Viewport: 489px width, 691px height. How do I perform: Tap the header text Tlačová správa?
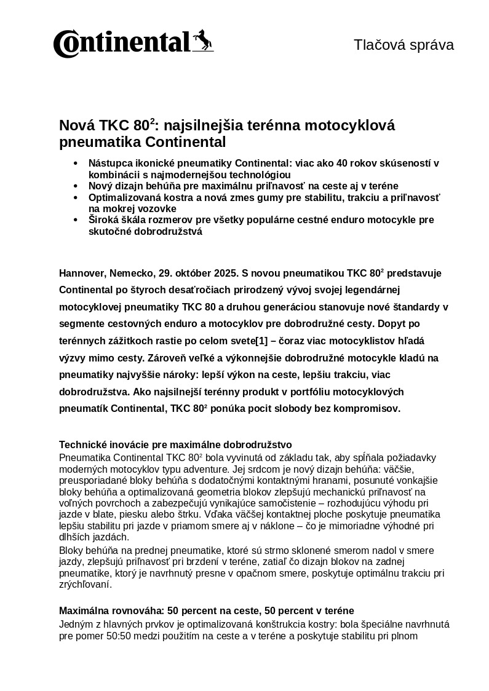[404, 45]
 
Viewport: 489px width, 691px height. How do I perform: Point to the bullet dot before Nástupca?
[76, 164]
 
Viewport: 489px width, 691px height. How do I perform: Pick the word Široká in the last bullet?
[104, 220]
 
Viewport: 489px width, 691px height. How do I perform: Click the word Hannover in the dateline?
[83, 273]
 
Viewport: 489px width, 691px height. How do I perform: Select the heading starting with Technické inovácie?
[175, 444]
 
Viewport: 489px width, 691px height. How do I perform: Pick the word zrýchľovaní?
[85, 585]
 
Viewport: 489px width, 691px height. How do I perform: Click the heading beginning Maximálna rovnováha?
[206, 611]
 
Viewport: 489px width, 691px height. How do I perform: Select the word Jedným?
[76, 624]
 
